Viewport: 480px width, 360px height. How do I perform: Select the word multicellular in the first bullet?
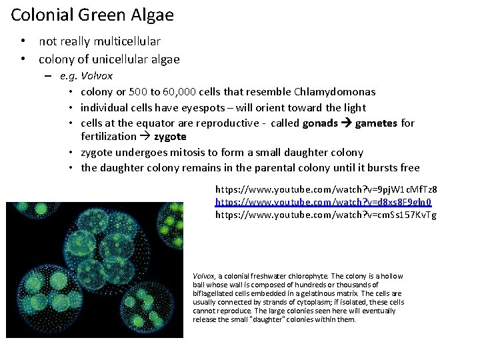126,42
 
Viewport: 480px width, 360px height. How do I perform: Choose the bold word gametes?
377,123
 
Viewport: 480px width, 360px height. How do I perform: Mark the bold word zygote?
170,137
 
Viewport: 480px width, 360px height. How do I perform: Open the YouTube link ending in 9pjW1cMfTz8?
326,190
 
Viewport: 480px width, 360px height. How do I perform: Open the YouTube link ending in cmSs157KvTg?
326,215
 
